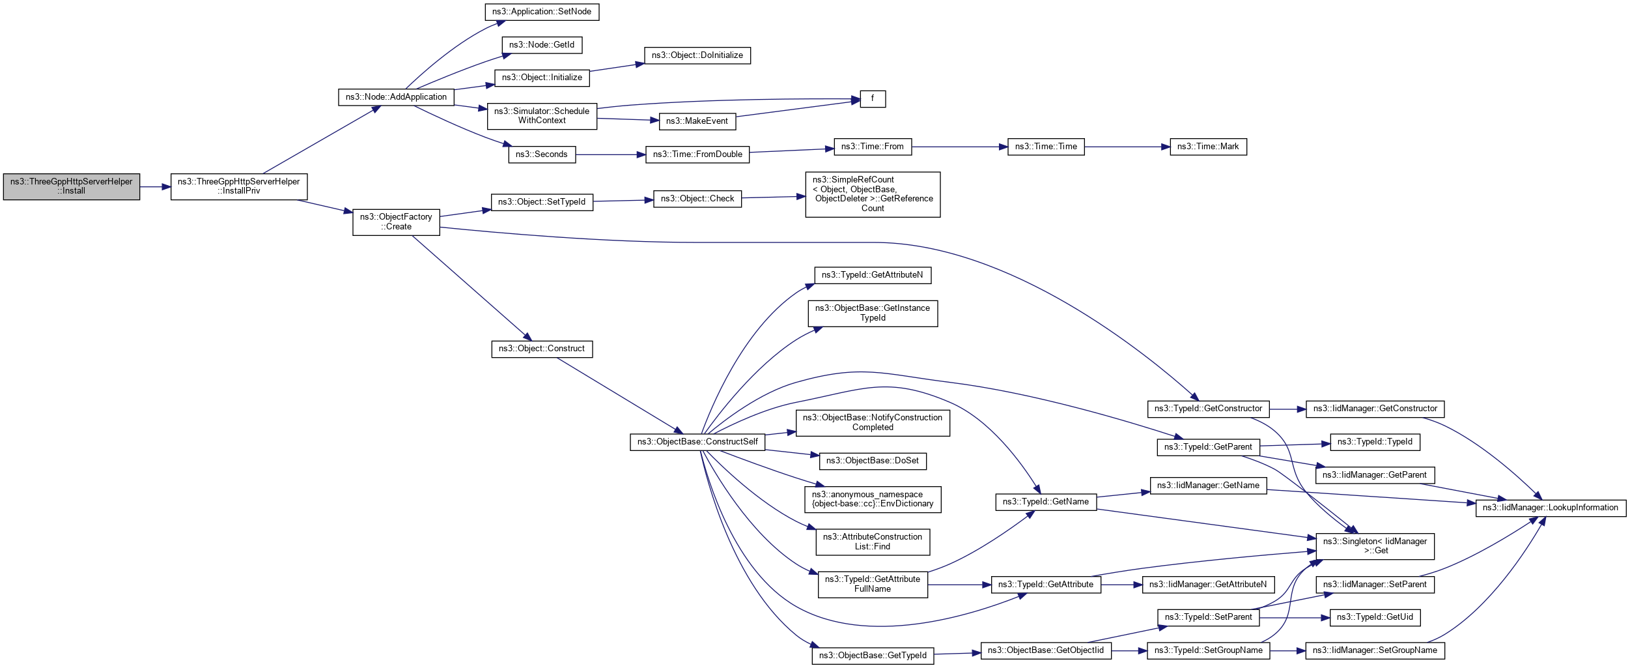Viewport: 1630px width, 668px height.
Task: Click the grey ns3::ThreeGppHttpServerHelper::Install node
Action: pos(72,186)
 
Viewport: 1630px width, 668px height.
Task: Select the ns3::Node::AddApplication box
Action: pos(396,97)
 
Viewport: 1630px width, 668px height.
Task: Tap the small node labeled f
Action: pos(873,99)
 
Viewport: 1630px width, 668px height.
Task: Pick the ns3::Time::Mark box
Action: pos(1208,147)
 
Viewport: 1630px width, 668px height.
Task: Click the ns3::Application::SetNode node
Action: pos(542,12)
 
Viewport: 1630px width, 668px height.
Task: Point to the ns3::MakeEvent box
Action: pos(697,121)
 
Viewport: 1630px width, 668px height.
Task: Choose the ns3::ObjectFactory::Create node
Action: pos(396,222)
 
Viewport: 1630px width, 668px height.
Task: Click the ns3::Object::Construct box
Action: pos(542,349)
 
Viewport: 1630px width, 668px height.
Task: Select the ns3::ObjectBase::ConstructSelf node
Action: pos(697,442)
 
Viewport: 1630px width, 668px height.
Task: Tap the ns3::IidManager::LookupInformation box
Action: pos(1551,508)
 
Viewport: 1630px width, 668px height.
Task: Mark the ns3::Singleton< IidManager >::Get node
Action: pos(1375,546)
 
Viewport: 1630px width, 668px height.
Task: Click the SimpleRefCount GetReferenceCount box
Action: pos(873,194)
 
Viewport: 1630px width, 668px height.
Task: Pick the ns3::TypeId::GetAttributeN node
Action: pos(873,275)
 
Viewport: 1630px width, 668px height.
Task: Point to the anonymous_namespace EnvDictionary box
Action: pos(873,499)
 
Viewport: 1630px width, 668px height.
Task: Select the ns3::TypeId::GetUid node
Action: pos(1375,617)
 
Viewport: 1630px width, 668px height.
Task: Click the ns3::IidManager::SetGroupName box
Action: pos(1375,650)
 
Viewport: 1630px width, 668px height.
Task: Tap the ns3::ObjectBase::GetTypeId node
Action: pos(873,656)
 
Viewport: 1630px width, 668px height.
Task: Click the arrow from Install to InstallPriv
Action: pos(155,187)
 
